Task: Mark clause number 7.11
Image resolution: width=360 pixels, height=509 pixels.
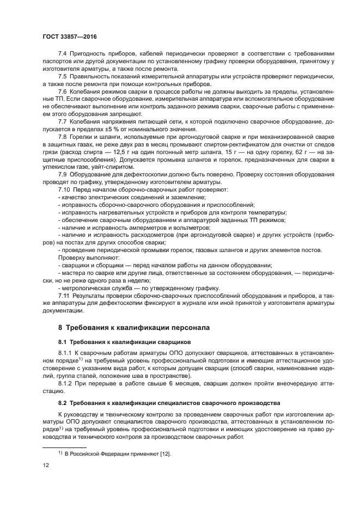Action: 64,294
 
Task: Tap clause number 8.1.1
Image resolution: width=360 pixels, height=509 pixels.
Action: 65,353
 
